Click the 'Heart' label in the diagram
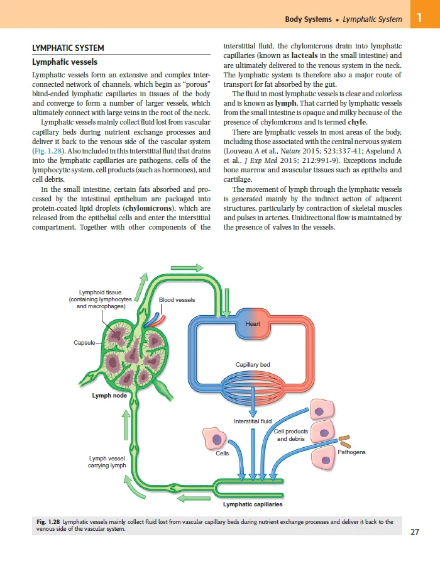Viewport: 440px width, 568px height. [x=253, y=324]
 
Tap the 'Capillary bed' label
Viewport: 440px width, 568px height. [x=253, y=365]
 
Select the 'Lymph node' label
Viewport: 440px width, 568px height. [x=109, y=396]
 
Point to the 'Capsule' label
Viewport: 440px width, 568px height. [x=84, y=342]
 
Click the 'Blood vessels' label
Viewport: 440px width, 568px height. [x=177, y=300]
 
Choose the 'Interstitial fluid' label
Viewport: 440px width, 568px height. [x=252, y=421]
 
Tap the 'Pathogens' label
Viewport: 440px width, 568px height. [x=351, y=452]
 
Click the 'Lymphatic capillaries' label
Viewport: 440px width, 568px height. [x=252, y=504]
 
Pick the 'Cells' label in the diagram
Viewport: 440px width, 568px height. [x=222, y=453]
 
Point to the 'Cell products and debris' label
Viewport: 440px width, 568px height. [x=291, y=435]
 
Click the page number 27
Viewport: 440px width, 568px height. [x=414, y=532]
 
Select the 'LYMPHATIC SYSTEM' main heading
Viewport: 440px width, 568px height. [x=68, y=48]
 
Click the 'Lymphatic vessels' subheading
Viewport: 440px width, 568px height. [x=65, y=62]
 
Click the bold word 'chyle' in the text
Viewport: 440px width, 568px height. [x=356, y=122]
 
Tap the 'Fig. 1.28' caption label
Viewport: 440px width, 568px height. [x=48, y=522]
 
